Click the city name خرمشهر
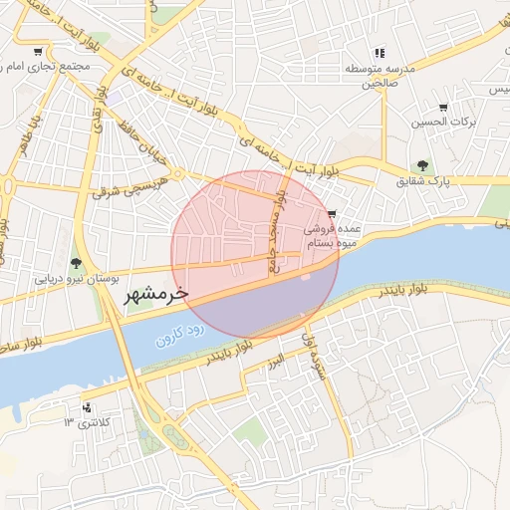[156, 296]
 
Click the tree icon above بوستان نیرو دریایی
[77, 263]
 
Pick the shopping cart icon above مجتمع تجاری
[38, 52]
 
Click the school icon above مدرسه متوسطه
[379, 53]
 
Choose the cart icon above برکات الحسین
[443, 108]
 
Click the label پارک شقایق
[424, 182]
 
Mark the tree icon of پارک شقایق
[423, 165]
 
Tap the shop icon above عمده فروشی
[332, 214]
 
